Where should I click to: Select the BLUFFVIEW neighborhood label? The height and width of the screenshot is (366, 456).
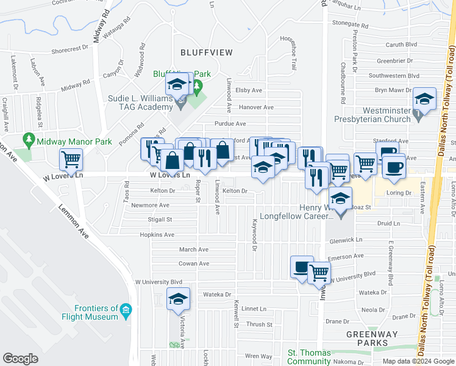[207, 52]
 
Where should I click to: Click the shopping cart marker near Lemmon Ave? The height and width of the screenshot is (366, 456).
[71, 160]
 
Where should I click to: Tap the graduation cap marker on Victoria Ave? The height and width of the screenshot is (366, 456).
[178, 299]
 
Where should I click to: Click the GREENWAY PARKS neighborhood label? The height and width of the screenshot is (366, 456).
[371, 339]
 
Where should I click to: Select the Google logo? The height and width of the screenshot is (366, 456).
[21, 359]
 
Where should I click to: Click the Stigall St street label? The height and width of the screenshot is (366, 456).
[160, 219]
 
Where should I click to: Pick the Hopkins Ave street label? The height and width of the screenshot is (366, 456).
[157, 234]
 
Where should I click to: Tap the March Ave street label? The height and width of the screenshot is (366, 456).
[194, 249]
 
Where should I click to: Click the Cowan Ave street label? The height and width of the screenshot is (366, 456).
[194, 264]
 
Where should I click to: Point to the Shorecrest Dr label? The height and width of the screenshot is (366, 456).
[70, 51]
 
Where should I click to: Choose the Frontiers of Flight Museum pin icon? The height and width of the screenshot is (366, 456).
[126, 310]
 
